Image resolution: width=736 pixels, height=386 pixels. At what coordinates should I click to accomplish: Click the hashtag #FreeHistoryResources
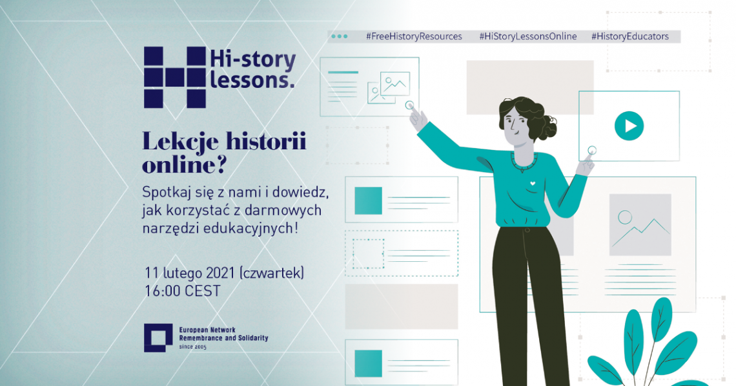[414, 37]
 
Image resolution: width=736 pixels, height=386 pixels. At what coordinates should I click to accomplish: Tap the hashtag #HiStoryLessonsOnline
[528, 37]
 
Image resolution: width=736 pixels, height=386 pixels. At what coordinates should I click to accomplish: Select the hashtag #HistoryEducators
[630, 37]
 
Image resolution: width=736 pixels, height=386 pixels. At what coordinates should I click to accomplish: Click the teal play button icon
[629, 126]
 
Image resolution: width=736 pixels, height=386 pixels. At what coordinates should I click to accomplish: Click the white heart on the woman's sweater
[532, 183]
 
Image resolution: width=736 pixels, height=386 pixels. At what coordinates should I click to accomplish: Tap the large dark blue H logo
[174, 78]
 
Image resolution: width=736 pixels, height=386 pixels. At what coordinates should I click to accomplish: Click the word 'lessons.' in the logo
[252, 80]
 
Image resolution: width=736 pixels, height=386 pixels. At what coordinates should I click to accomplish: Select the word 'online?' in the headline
[184, 165]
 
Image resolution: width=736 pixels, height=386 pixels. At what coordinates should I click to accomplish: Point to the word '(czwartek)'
[272, 273]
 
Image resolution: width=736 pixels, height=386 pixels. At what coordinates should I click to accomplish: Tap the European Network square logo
[158, 338]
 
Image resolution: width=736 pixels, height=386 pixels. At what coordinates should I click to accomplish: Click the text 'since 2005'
[192, 347]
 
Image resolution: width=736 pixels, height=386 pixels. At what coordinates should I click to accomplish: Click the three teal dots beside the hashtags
[340, 36]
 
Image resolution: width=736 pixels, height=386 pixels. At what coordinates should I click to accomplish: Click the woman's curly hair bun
[546, 125]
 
